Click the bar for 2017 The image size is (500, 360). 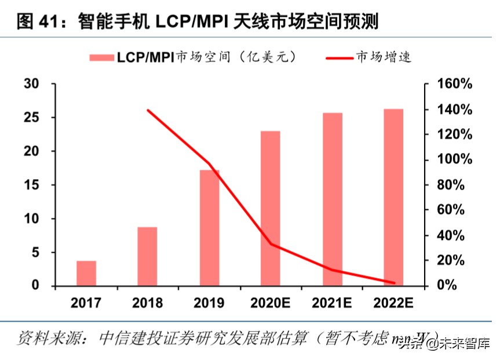coord(86,273)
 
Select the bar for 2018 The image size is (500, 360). coord(147,256)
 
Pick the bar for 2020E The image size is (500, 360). coord(270,208)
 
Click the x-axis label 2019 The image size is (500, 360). coord(209,303)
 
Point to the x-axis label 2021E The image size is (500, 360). coord(333,303)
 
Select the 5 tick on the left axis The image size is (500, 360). coord(35,253)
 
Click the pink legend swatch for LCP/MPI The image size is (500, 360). coord(101,57)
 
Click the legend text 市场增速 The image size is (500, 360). coord(383,57)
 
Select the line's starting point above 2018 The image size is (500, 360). coord(148,110)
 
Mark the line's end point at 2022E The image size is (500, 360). coord(393,283)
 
